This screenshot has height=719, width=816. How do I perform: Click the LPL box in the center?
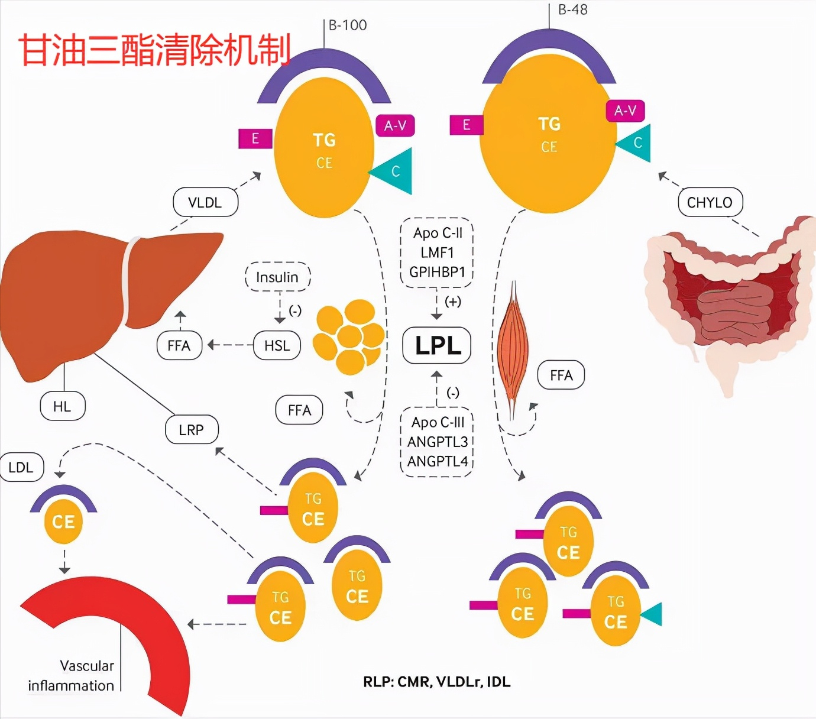pyautogui.click(x=436, y=345)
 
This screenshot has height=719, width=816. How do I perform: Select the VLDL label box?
pyautogui.click(x=205, y=203)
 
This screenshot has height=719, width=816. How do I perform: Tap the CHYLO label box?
pyautogui.click(x=710, y=203)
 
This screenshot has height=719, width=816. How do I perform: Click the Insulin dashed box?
pyautogui.click(x=277, y=277)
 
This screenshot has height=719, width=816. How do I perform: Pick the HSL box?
pyautogui.click(x=277, y=346)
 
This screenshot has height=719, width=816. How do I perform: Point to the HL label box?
pyautogui.click(x=62, y=407)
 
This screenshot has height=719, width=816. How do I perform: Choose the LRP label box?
pyautogui.click(x=191, y=430)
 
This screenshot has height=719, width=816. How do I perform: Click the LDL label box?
pyautogui.click(x=21, y=467)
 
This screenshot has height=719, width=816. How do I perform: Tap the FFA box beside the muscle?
pyautogui.click(x=561, y=375)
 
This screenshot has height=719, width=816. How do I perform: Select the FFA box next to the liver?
pyautogui.click(x=179, y=346)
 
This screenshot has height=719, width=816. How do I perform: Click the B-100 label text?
pyautogui.click(x=348, y=25)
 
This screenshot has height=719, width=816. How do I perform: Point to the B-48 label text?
pyautogui.click(x=572, y=9)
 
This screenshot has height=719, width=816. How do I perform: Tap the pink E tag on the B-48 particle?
pyautogui.click(x=467, y=125)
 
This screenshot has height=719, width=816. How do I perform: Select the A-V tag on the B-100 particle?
pyautogui.click(x=395, y=125)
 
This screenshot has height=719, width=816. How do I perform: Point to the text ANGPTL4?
pyautogui.click(x=438, y=461)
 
